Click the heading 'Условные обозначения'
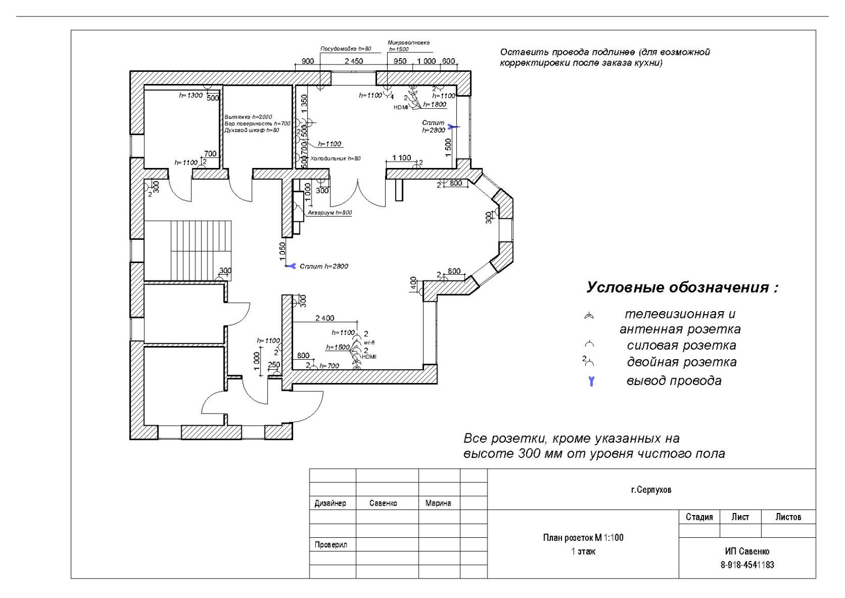click(x=682, y=288)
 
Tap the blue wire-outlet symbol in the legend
click(x=591, y=381)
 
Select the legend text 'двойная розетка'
click(x=681, y=362)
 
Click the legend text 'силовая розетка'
click(x=681, y=346)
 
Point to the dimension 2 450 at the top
click(x=353, y=61)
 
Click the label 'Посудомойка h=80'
click(x=346, y=49)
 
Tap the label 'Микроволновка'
click(x=408, y=43)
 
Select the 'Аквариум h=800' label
click(x=330, y=213)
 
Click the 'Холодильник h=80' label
click(x=335, y=158)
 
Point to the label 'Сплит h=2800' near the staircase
click(x=324, y=266)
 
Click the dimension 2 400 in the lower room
click(x=325, y=318)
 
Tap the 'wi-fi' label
click(x=369, y=342)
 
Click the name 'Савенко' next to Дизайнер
click(x=383, y=503)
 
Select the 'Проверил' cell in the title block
click(x=331, y=545)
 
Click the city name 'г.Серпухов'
click(x=651, y=490)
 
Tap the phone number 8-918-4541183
click(x=747, y=565)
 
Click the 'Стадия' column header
click(x=699, y=517)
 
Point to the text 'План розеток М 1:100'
click(x=583, y=538)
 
